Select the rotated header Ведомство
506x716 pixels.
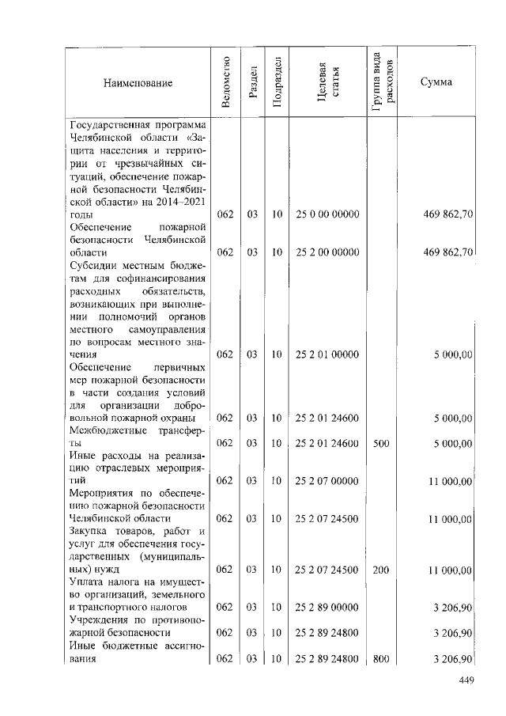tap(226, 82)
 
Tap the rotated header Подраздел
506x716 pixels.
tap(277, 82)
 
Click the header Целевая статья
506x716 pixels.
tap(327, 82)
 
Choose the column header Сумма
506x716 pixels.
tap(436, 82)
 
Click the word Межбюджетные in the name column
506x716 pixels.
tap(104, 431)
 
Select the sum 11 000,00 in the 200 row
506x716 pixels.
tap(450, 569)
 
